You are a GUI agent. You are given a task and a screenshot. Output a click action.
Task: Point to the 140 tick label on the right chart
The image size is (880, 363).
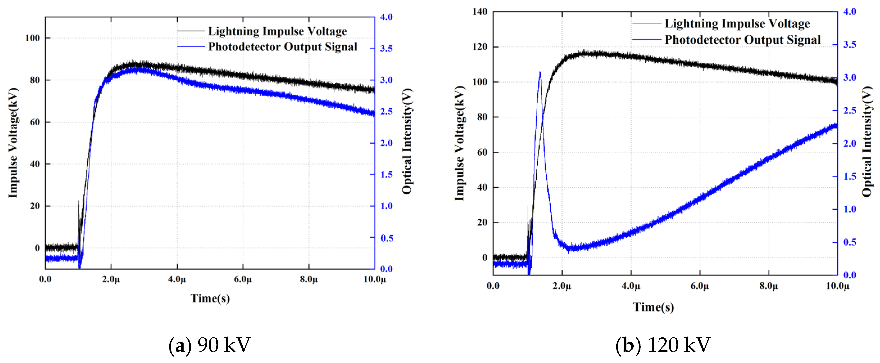[x=479, y=12]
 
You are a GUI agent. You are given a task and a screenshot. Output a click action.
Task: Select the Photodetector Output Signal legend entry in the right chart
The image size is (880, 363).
[x=742, y=40]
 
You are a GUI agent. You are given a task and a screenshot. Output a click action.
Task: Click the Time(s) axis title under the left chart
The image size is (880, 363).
[x=210, y=298]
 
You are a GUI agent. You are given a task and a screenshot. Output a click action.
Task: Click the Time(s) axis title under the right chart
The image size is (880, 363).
[x=653, y=307]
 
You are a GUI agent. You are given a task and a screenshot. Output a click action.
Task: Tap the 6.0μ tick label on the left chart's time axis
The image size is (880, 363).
[x=243, y=279]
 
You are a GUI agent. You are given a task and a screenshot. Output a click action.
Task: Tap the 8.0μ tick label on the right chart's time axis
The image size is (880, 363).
[x=769, y=286]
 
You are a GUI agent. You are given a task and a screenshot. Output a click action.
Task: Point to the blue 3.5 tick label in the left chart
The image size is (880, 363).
[x=386, y=48]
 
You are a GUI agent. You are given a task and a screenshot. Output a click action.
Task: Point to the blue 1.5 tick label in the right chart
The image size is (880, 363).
[x=850, y=176]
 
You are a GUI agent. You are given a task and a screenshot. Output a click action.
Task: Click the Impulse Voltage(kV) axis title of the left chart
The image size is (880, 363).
[x=13, y=143]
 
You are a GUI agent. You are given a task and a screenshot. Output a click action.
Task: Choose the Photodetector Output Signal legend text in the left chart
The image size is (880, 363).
[x=283, y=47]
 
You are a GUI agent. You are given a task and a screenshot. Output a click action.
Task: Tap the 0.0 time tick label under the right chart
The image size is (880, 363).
[x=493, y=286]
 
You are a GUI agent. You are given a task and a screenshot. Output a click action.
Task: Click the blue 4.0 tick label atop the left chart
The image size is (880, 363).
[x=386, y=17]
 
